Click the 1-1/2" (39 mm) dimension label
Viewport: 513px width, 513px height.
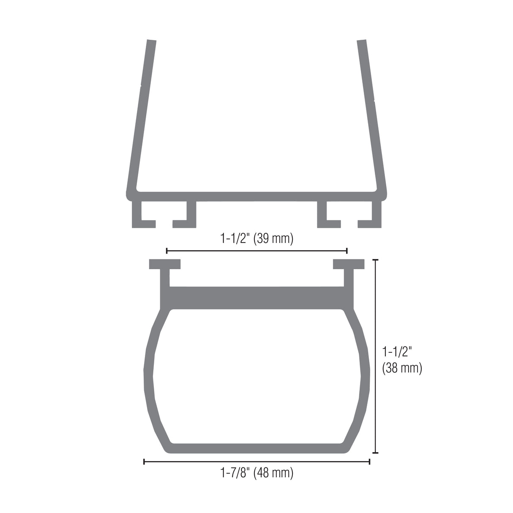(256, 239)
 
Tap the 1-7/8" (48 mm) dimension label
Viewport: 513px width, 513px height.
(256, 472)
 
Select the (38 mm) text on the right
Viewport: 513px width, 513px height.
(402, 368)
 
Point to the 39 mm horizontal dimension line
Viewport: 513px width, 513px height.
(256, 251)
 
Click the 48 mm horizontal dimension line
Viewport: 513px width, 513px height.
(256, 461)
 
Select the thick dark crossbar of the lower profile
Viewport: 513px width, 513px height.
(256, 298)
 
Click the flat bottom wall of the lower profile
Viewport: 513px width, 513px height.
(256, 448)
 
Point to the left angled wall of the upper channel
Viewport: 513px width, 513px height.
(142, 114)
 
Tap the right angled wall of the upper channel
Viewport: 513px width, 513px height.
(371, 114)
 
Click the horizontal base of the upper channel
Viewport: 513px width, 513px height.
(256, 196)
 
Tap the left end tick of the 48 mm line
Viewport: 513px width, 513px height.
(145, 461)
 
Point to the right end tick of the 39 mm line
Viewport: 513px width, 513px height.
(347, 251)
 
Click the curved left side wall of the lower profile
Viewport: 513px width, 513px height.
(149, 376)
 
